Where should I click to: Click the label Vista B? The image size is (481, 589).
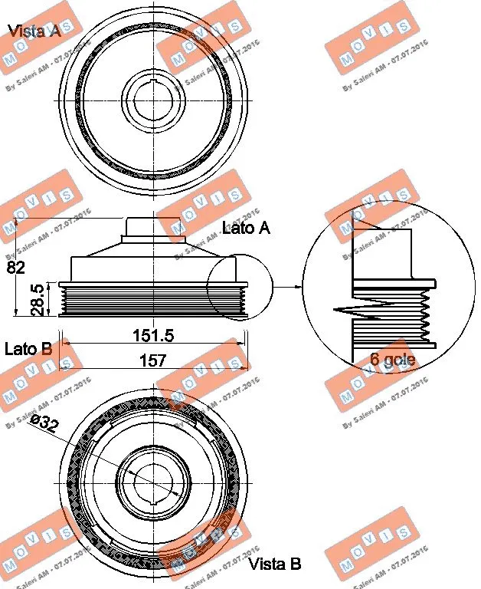click(274, 564)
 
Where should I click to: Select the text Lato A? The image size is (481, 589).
click(246, 228)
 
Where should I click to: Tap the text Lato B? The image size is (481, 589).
click(28, 349)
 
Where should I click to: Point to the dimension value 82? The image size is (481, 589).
click(15, 267)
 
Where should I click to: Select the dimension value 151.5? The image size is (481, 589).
click(152, 335)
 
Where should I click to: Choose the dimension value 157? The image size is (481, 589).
click(152, 360)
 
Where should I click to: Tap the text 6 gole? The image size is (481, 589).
click(393, 359)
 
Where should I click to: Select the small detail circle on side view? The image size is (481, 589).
click(239, 285)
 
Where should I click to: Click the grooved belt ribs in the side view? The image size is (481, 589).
click(152, 299)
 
